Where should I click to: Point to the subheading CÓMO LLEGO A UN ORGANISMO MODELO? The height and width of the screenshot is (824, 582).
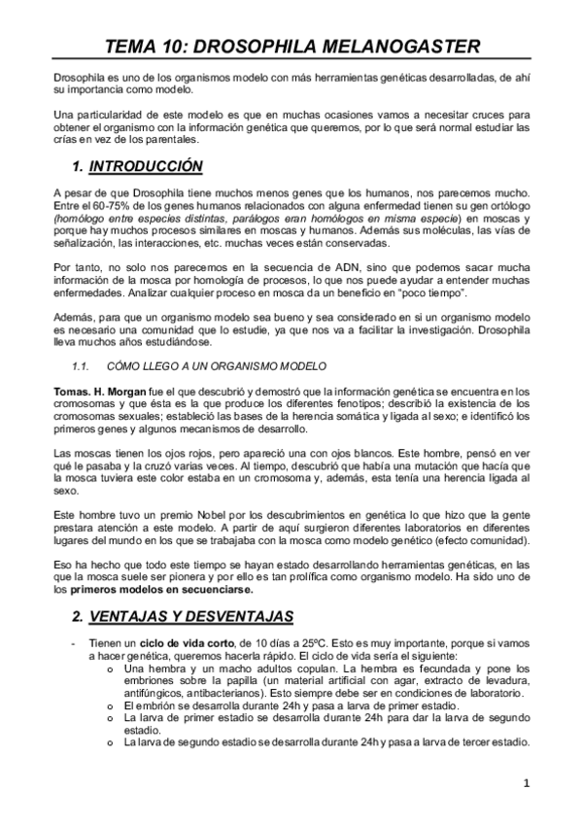tap(217, 364)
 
